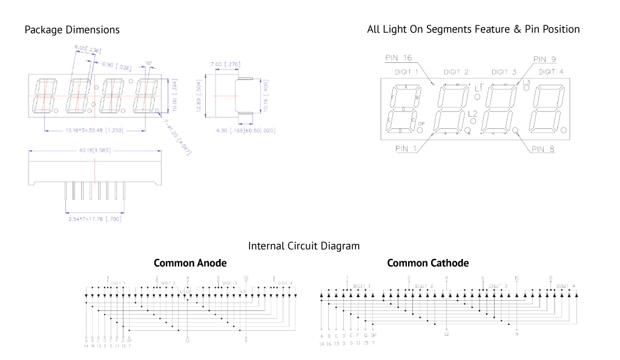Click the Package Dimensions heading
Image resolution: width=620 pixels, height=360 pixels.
[x=72, y=30]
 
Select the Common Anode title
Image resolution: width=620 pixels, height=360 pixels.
[x=190, y=263]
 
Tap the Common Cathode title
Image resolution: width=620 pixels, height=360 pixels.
[x=427, y=263]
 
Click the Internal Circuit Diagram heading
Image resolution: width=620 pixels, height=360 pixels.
[x=304, y=246]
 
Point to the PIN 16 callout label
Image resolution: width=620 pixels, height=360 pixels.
[x=398, y=58]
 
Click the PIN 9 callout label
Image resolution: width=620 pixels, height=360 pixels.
[x=544, y=59]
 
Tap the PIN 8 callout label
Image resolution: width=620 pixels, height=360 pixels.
[x=543, y=149]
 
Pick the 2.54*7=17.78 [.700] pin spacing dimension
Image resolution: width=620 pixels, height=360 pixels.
[x=95, y=219]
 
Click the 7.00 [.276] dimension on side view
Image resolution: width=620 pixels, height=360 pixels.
[x=224, y=64]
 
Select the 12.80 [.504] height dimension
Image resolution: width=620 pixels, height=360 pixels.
[x=199, y=97]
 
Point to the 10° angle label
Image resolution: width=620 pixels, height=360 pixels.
[x=148, y=63]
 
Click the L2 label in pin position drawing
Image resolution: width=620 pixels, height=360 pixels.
[x=473, y=114]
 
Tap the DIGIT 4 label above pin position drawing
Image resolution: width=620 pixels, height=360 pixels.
[x=550, y=72]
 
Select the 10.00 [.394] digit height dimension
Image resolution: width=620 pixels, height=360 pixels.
[x=174, y=94]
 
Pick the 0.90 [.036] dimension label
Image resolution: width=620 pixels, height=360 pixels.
[x=117, y=64]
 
